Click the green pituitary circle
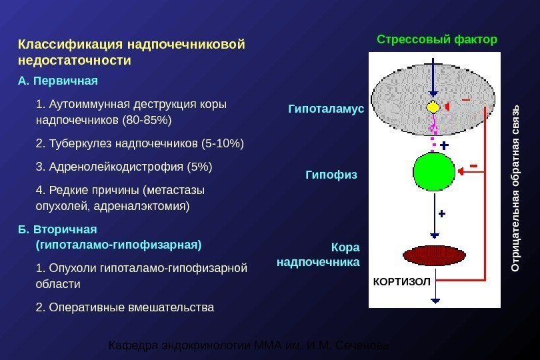[434, 172]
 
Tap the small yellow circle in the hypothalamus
[433, 107]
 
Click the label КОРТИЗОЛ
[401, 282]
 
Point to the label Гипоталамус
[326, 108]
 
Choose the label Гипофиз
[331, 175]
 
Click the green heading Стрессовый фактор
[437, 39]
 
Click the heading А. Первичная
[58, 81]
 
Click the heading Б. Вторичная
[57, 230]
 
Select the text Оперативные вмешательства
[130, 307]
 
